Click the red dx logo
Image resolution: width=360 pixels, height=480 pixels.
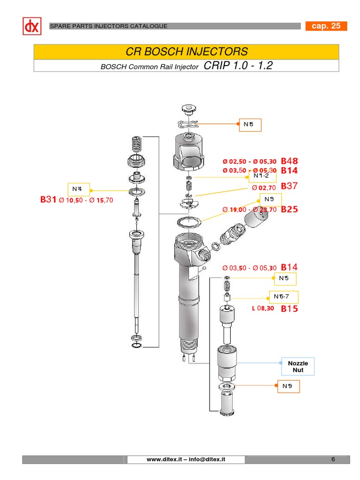click(32, 26)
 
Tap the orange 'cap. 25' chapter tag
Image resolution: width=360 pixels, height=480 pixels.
click(326, 26)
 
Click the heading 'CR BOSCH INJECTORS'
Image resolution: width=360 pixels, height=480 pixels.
click(187, 52)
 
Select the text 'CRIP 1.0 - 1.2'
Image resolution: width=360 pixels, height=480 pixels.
click(238, 66)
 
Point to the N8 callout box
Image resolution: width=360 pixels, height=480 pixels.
click(250, 125)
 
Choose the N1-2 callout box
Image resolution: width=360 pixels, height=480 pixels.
click(262, 176)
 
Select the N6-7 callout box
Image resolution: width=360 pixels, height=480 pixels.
click(283, 297)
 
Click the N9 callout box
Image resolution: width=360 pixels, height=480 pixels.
click(287, 386)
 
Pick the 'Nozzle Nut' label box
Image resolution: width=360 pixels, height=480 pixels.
click(298, 367)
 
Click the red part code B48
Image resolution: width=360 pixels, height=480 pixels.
click(289, 161)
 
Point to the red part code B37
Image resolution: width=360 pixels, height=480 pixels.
click(289, 186)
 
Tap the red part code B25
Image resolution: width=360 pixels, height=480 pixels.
click(289, 210)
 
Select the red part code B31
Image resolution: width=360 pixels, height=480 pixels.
click(48, 200)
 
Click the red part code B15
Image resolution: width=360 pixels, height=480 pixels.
click(289, 308)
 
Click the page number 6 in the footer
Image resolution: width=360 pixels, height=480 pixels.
click(333, 459)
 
